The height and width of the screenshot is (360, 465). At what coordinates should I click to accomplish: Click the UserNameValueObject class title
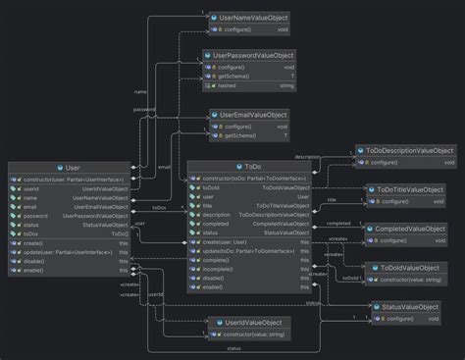click(x=248, y=19)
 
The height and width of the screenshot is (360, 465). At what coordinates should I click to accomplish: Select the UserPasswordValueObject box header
click(x=253, y=55)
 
